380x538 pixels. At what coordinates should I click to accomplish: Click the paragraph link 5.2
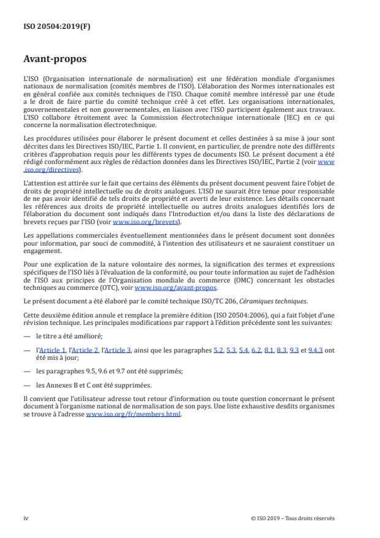[217, 349]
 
